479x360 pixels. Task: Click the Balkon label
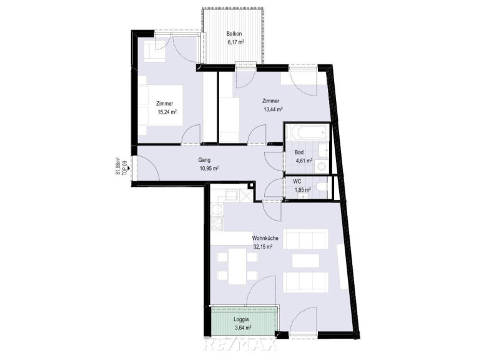coord(235,34)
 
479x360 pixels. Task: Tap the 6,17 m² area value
coord(235,42)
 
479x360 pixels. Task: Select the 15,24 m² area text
coord(167,112)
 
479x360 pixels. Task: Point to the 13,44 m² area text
coord(272,109)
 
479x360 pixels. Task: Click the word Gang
coord(204,159)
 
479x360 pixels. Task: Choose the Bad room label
coord(299,152)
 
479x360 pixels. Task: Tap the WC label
coord(297,181)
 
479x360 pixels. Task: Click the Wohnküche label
coord(265,239)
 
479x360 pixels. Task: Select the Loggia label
coord(241,319)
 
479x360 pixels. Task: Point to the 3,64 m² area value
coord(243,328)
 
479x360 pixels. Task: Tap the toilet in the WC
coord(322,186)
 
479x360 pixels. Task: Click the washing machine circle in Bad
coord(322,166)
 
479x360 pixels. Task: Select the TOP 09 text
coord(124,167)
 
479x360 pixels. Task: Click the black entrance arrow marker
coord(129,167)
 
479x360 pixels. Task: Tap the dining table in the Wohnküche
coord(237,266)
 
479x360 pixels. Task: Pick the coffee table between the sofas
coord(305,261)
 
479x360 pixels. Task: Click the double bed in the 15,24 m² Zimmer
coord(160,105)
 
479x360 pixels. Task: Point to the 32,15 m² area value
coord(263,247)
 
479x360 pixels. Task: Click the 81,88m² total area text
coord(117,166)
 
